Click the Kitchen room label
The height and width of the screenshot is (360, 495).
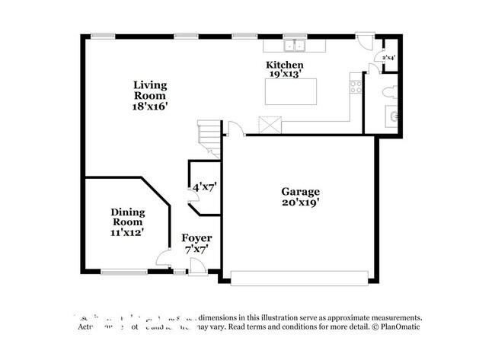[284, 65]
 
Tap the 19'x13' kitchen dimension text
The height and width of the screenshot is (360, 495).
[284, 75]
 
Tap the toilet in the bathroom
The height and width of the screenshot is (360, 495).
[388, 94]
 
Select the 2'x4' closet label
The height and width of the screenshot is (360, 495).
[388, 58]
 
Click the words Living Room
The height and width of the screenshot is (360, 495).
[149, 91]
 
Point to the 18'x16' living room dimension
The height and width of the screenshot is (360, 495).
[149, 107]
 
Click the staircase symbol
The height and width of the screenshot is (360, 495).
[208, 138]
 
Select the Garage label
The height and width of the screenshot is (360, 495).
[300, 192]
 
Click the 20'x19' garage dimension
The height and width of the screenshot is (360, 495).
[300, 202]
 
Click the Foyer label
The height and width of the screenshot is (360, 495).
[196, 238]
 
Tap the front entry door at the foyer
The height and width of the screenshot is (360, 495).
[196, 266]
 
